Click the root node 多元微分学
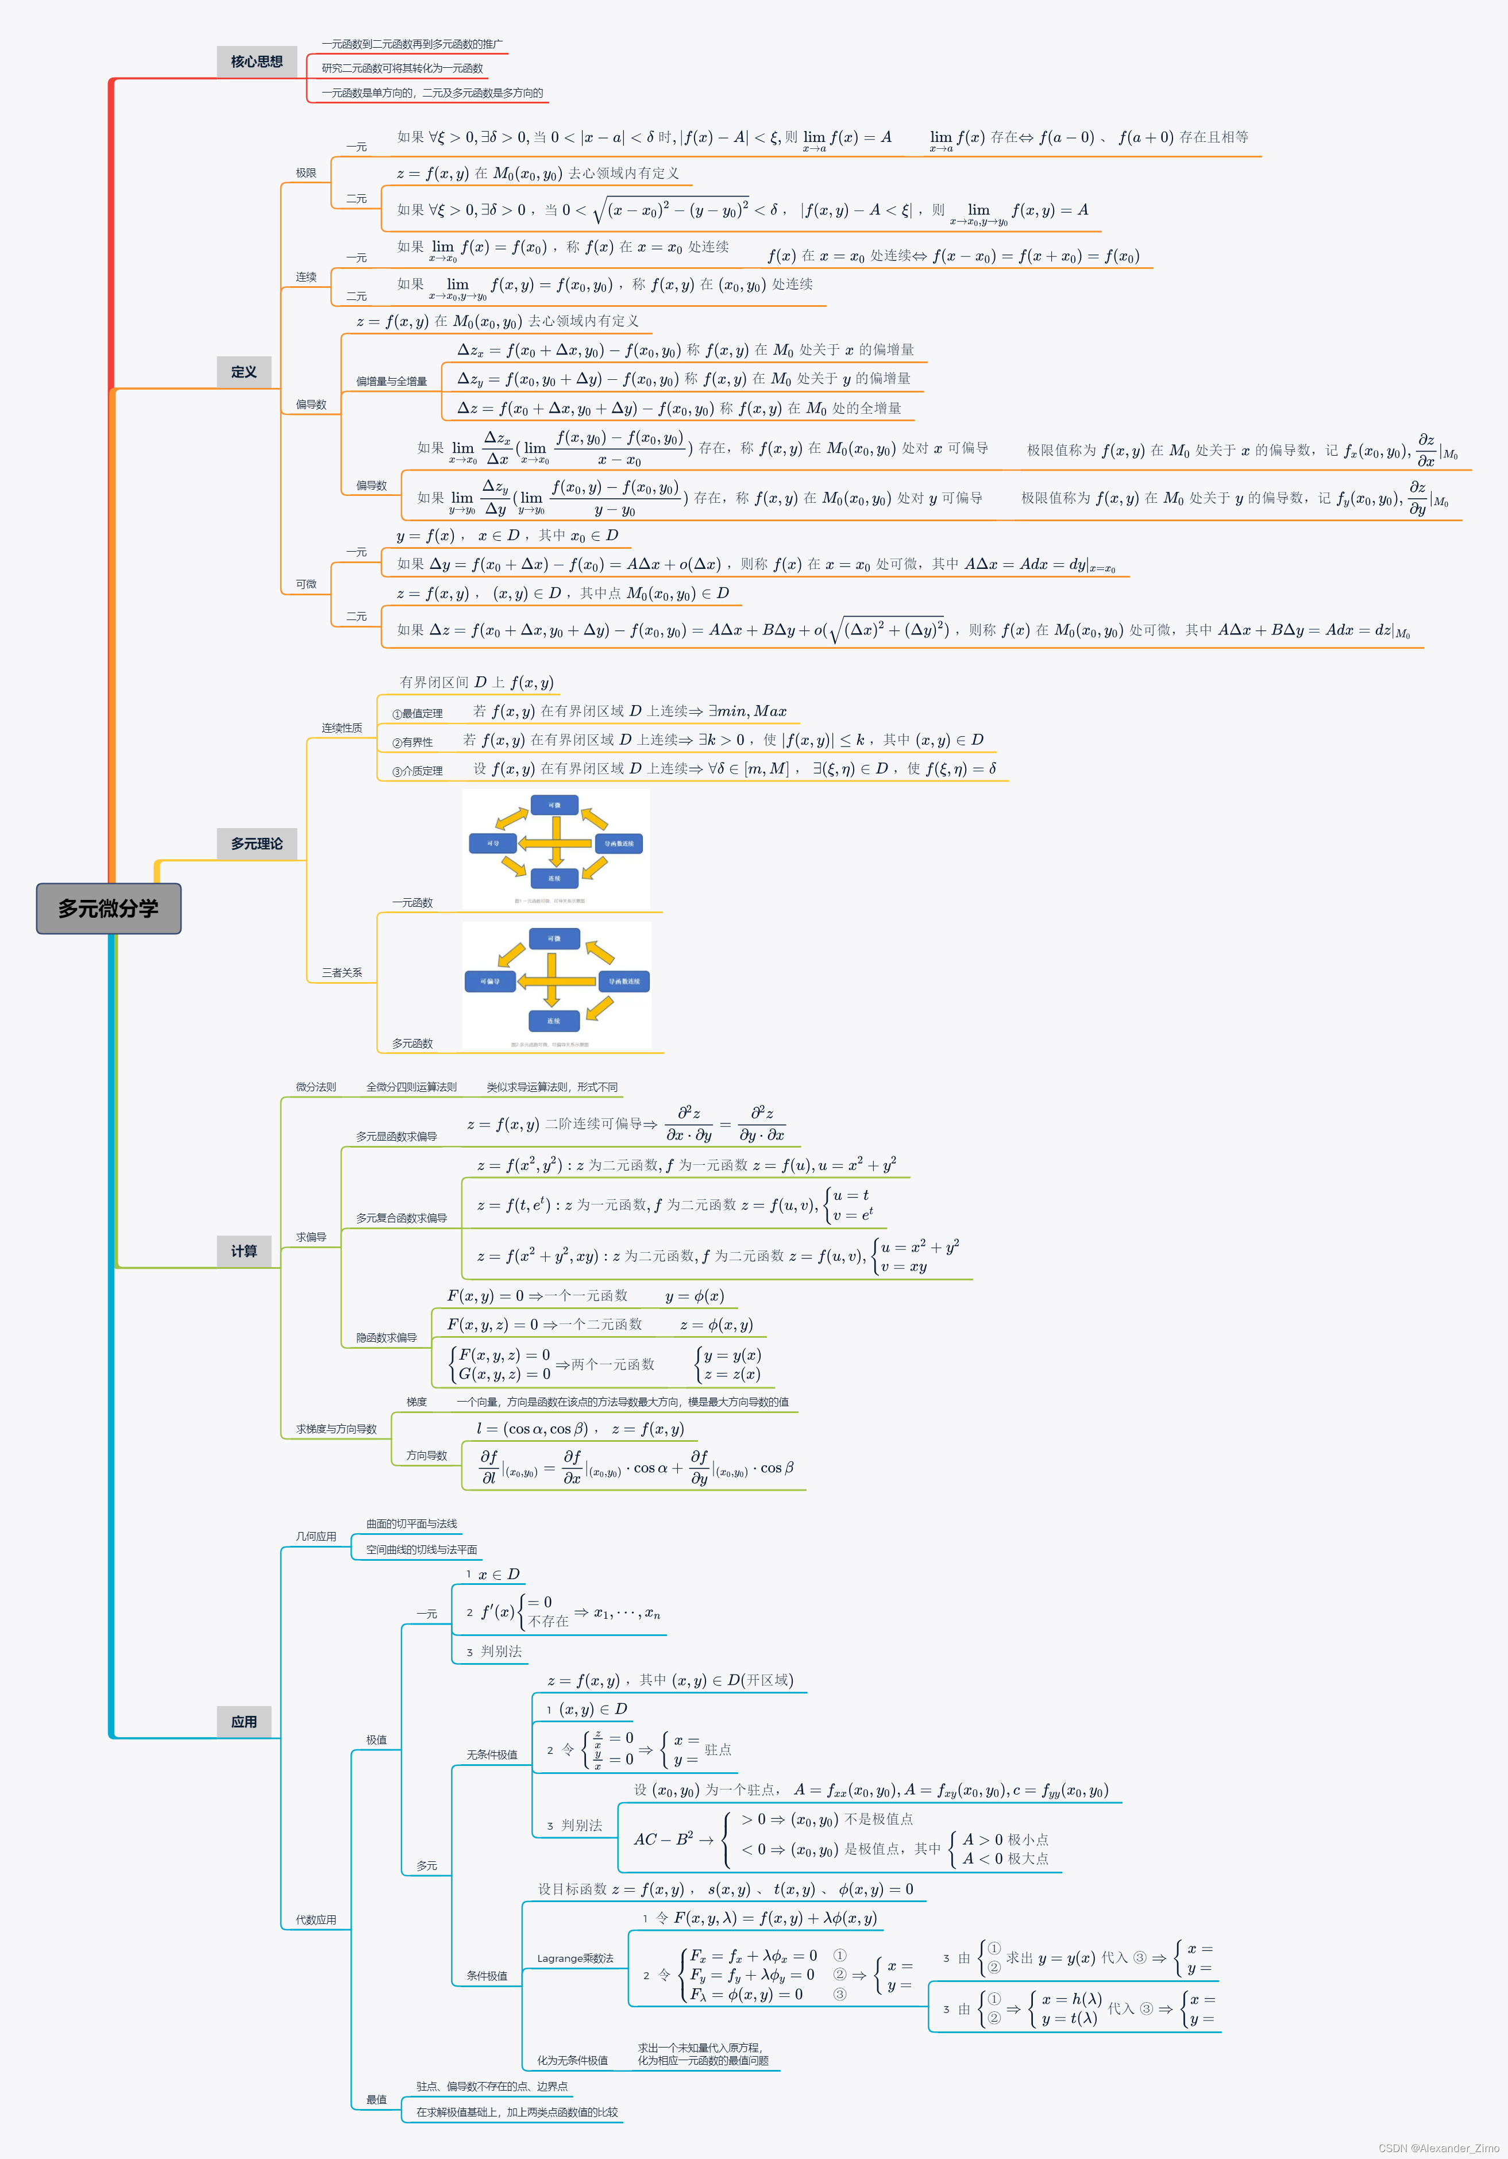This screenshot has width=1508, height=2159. coord(108,909)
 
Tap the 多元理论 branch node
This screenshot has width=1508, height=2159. coord(257,844)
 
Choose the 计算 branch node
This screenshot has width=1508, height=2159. coord(244,1250)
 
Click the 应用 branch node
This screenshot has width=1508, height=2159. coord(244,1722)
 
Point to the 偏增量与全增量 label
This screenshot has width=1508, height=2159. coord(391,382)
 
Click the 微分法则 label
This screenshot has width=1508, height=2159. coord(316,1087)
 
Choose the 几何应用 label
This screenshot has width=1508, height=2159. coord(316,1537)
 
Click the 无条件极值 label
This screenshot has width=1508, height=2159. coord(492,1754)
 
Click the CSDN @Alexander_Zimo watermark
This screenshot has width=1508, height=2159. coord(1438,2148)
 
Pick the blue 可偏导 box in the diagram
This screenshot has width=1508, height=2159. coord(491,982)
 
